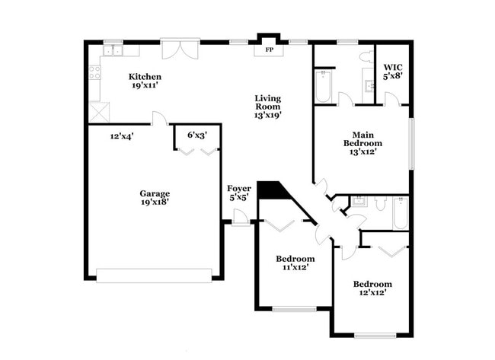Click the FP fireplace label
(x=269, y=50)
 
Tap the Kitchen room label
(x=145, y=81)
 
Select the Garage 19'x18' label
(x=154, y=198)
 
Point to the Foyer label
(x=239, y=193)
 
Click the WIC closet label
(x=393, y=72)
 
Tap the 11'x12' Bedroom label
(x=295, y=263)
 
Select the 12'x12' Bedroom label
(x=372, y=288)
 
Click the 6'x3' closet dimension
(x=197, y=135)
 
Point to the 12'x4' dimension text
(x=122, y=137)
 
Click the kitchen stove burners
(x=95, y=72)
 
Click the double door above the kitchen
(x=183, y=49)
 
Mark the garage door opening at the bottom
(x=154, y=275)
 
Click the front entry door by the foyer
(x=241, y=217)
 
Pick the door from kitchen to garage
(x=160, y=119)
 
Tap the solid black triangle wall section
(x=270, y=190)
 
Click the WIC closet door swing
(x=391, y=99)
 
